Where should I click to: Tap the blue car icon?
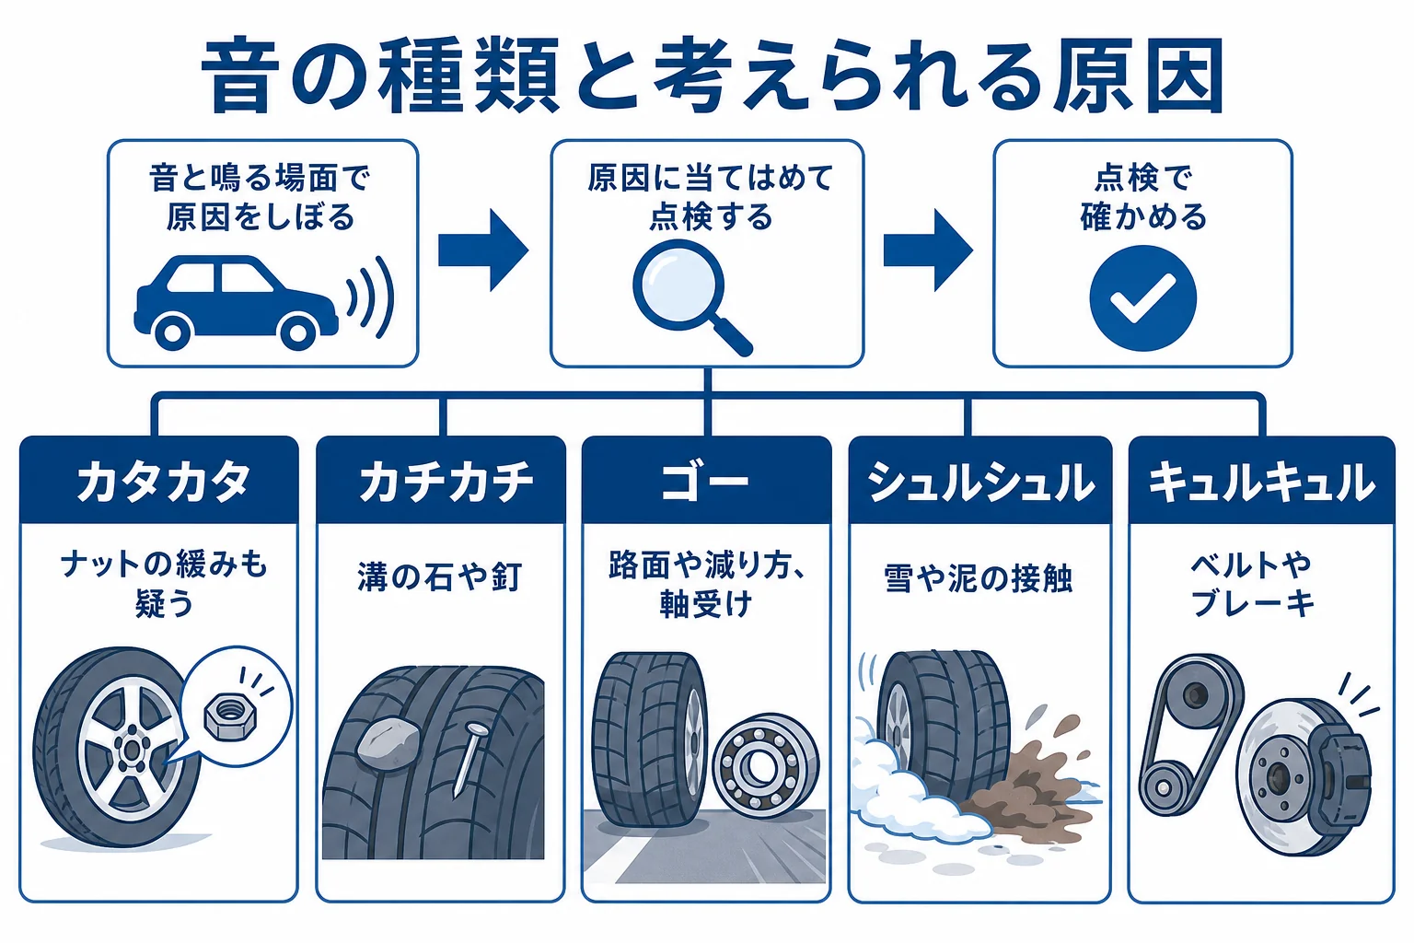236,302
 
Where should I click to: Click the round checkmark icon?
1142,298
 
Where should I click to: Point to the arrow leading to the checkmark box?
928,250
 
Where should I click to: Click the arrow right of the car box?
483,250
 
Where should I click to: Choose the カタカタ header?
159,481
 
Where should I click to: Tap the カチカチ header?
441,481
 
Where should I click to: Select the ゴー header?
706,481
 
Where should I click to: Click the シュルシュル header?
979,481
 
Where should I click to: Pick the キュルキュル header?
1261,481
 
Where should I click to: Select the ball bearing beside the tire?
765,766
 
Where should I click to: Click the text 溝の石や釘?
440,576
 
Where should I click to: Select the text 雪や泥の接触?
978,578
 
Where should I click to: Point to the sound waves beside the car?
374,297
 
